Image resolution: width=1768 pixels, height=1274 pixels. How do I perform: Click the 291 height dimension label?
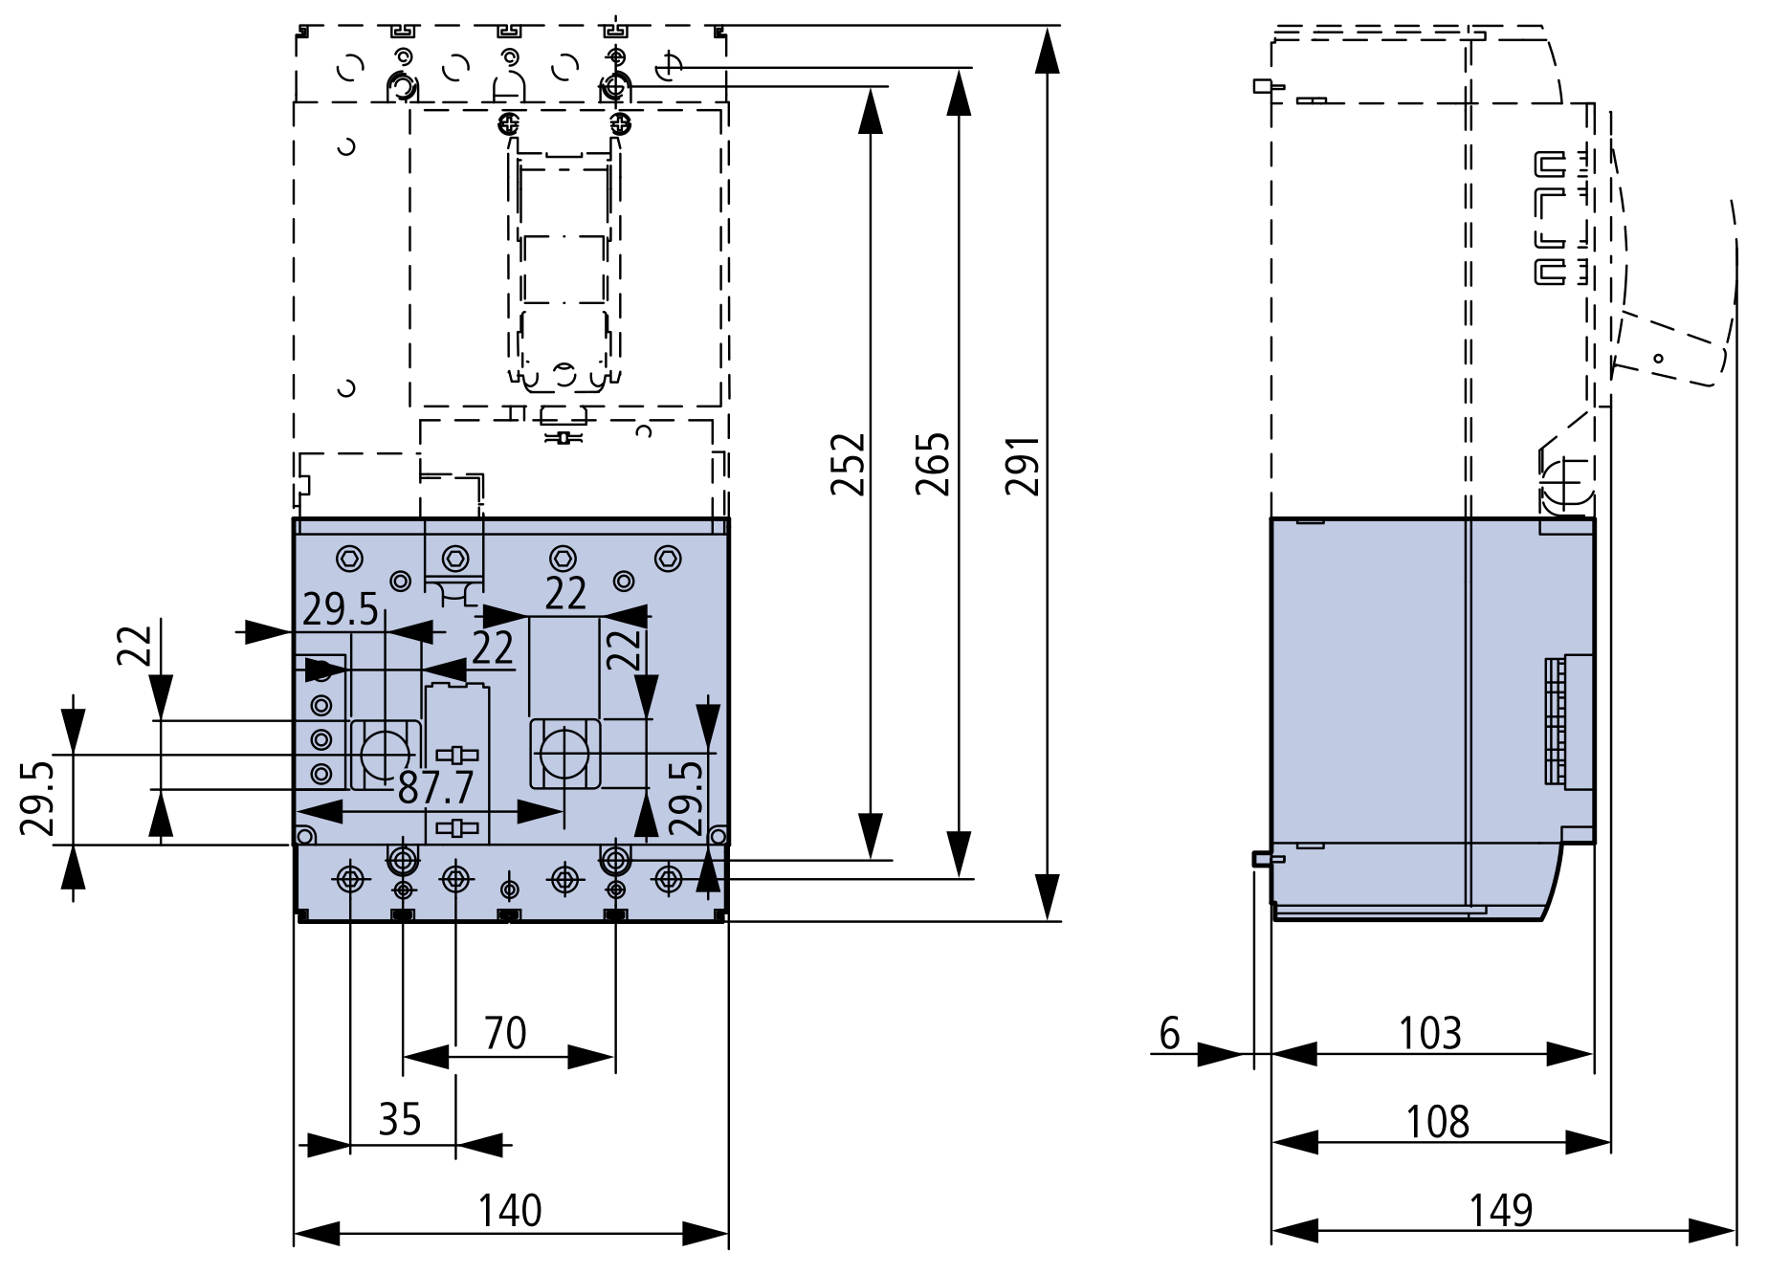click(1023, 466)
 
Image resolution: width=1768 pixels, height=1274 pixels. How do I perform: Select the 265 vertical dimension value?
click(934, 465)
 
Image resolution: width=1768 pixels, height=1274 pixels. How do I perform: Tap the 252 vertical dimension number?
click(849, 465)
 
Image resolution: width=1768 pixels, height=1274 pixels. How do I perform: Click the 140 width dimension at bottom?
click(510, 1211)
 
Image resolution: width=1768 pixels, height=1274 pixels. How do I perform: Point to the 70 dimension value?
click(505, 1034)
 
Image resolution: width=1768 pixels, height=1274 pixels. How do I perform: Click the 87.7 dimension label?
click(436, 788)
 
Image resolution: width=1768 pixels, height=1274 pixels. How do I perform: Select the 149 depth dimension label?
click(1501, 1211)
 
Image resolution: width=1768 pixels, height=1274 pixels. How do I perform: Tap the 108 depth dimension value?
click(1438, 1122)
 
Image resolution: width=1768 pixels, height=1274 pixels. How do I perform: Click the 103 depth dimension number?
click(1430, 1034)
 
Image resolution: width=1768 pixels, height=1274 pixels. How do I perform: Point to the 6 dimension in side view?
click(1170, 1034)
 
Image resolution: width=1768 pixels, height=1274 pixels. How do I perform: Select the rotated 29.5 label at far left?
click(37, 798)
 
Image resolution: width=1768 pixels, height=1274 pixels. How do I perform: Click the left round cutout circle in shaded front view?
click(385, 754)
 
